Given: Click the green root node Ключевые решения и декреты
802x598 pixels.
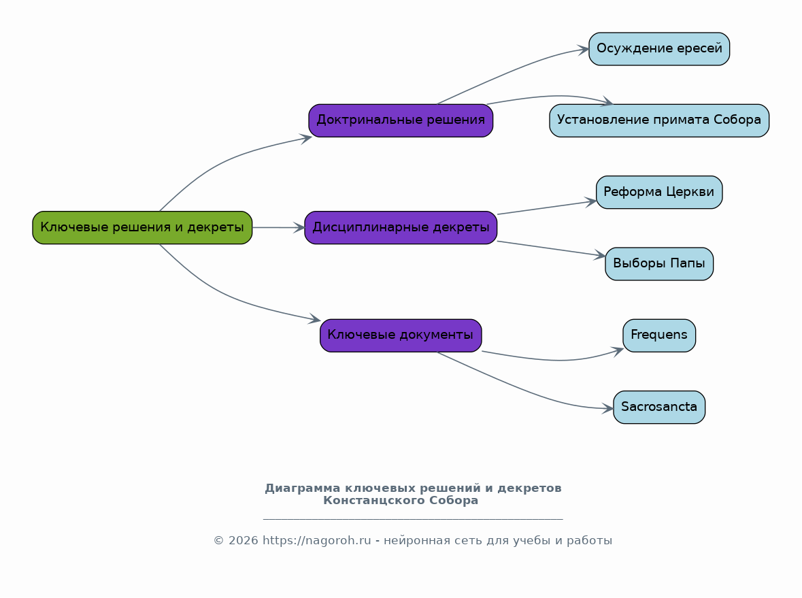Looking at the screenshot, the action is pyautogui.click(x=142, y=228).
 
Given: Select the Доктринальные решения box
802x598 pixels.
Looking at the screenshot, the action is pyautogui.click(x=401, y=120).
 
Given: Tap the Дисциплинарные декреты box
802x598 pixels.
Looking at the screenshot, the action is pyautogui.click(x=401, y=228).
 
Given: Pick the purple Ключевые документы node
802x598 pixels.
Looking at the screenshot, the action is pyautogui.click(x=401, y=335).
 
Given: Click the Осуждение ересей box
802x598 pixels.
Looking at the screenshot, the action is pyautogui.click(x=658, y=49).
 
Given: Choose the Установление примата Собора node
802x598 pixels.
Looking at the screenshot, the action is pyautogui.click(x=658, y=120).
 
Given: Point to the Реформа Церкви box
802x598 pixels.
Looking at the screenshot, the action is pyautogui.click(x=658, y=193).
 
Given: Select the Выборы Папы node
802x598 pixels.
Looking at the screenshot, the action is pyautogui.click(x=658, y=264).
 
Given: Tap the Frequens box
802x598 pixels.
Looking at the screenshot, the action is pyautogui.click(x=658, y=335).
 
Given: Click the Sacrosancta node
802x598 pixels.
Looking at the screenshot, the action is pyautogui.click(x=658, y=408).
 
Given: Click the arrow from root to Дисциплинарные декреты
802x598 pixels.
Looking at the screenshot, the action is pyautogui.click(x=279, y=228).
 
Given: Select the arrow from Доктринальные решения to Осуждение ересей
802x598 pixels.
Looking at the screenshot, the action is pyautogui.click(x=512, y=71).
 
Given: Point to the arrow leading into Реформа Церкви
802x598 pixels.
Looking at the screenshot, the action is pyautogui.click(x=547, y=207).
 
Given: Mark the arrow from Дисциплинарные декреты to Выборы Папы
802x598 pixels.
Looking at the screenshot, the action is pyautogui.click(x=552, y=248).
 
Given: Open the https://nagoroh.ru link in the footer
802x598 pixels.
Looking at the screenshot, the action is pyautogui.click(x=316, y=541).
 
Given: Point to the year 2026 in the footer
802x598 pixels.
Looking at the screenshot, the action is pyautogui.click(x=243, y=541).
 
